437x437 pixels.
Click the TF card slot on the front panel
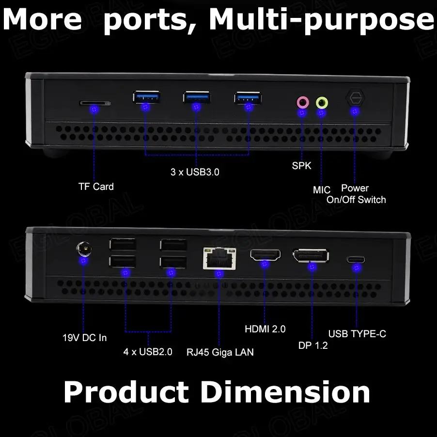tap(94, 103)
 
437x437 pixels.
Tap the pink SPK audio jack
tap(302, 102)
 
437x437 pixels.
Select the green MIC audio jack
tap(322, 102)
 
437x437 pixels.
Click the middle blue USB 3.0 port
tap(197, 97)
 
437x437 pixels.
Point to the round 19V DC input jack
tap(85, 250)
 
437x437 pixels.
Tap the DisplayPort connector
tap(310, 256)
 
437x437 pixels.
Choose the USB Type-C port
tap(356, 259)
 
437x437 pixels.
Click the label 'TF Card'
tap(96, 187)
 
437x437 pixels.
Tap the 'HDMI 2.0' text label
tap(265, 329)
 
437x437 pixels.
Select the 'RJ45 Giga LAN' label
tap(220, 352)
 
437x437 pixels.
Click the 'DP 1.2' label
tap(313, 345)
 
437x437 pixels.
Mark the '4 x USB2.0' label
tap(148, 352)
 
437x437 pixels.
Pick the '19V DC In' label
tap(85, 337)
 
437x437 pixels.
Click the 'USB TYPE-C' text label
tap(357, 334)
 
